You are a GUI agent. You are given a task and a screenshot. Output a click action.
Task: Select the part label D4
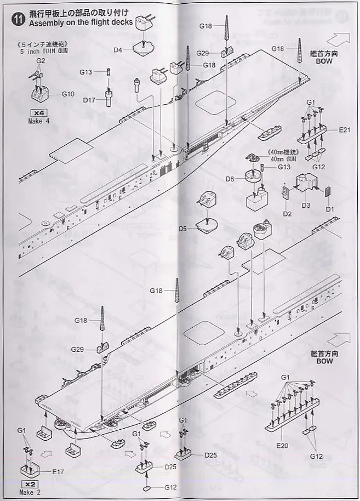[118, 50]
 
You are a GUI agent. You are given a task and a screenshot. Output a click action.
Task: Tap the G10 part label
[67, 94]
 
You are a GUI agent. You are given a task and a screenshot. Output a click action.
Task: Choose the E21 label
[344, 129]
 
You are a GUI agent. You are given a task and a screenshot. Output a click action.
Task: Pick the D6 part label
[230, 179]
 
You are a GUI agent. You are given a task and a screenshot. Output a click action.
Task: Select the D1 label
[329, 208]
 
